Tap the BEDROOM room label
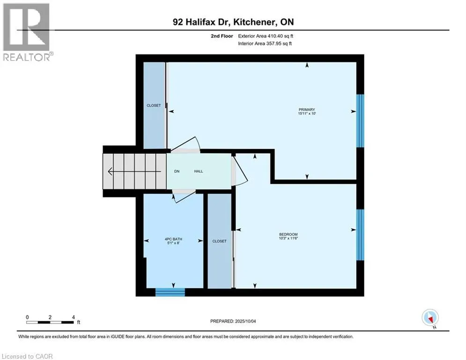(288, 234)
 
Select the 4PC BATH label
(173, 239)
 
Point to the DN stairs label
(177, 172)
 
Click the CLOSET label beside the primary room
(154, 105)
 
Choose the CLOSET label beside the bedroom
(219, 241)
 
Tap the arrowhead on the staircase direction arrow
(110, 172)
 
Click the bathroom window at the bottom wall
(170, 292)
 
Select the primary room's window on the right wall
(360, 121)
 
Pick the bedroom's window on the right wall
(360, 234)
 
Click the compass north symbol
(429, 318)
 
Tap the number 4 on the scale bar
(73, 317)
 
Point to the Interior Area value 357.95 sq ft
(279, 44)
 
